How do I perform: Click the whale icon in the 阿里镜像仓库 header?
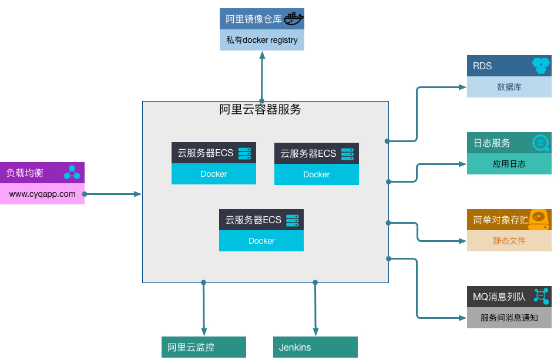(x=293, y=19)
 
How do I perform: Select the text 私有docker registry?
(x=261, y=41)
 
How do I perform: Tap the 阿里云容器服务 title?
(x=260, y=109)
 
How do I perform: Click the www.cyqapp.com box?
(x=42, y=194)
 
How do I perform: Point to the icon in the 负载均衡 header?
(x=72, y=172)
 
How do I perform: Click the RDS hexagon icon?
(x=540, y=66)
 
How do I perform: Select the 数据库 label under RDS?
(x=509, y=87)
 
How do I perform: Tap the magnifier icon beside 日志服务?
(x=540, y=143)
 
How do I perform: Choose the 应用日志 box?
(x=509, y=164)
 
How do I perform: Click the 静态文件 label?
(x=509, y=241)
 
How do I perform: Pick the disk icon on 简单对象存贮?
(x=538, y=219)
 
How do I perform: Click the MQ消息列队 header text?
(x=499, y=297)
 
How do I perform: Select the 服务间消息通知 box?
(x=509, y=318)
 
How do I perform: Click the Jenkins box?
(x=315, y=347)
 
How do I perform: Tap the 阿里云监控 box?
(x=203, y=347)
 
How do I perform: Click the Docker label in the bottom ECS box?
(x=261, y=241)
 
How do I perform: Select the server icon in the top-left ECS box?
(x=244, y=153)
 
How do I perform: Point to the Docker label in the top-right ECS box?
(x=316, y=174)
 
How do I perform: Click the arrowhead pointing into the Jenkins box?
(x=315, y=332)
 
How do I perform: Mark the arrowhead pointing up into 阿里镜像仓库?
(x=262, y=55)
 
